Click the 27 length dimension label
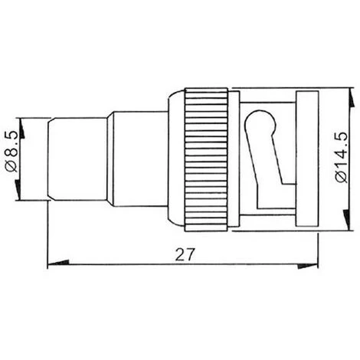click(185, 254)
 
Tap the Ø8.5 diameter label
click(12, 151)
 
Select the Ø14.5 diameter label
click(342, 157)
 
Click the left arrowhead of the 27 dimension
click(58, 263)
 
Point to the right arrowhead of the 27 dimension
click(308, 266)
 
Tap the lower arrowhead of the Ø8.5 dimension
click(18, 190)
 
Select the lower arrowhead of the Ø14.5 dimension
click(346, 220)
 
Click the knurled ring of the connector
click(206, 160)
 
